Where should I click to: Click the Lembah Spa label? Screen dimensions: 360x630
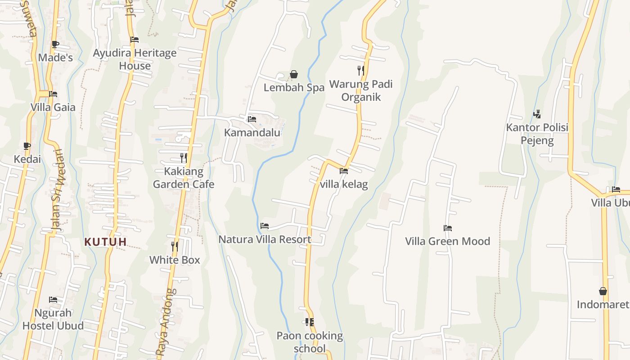(294, 88)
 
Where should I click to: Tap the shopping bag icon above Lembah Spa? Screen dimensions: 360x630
(294, 74)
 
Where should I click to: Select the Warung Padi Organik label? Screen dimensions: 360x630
(361, 90)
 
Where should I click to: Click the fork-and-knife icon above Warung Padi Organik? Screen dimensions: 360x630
(361, 71)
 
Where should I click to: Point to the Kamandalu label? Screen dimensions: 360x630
(252, 133)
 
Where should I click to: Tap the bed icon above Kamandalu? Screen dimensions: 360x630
(252, 119)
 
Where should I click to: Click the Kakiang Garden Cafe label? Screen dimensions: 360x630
(183, 178)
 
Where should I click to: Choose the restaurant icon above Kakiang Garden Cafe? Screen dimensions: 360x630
(183, 158)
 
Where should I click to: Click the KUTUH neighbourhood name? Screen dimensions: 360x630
(105, 242)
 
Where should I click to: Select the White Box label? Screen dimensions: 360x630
(175, 260)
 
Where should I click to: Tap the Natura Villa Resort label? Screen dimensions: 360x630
(265, 239)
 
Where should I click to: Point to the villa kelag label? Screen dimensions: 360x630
(344, 184)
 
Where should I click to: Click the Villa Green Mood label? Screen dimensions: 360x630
(447, 241)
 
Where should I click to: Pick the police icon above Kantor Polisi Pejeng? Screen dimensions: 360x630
(537, 114)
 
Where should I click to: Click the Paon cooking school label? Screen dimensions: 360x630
(310, 342)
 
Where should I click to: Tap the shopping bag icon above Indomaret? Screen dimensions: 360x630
(603, 292)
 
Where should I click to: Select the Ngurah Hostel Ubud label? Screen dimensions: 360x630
(53, 319)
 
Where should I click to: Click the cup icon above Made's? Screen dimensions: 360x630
(55, 44)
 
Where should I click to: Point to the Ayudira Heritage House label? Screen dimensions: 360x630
(135, 59)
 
